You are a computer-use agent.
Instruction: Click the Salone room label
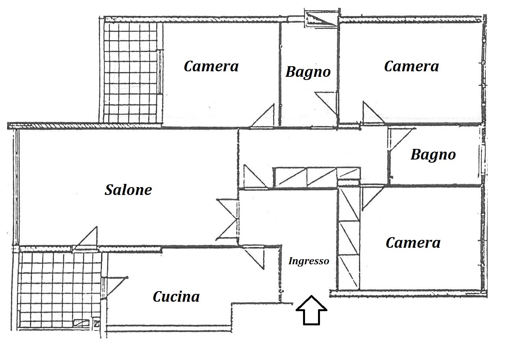[128, 190]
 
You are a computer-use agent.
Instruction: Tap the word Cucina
[176, 297]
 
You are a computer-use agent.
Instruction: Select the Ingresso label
[309, 261]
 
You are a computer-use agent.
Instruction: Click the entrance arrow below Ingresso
[311, 310]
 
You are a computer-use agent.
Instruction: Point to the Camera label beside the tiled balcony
[211, 66]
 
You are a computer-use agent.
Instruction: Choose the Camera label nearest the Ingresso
[413, 243]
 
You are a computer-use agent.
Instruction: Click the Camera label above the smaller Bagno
[411, 66]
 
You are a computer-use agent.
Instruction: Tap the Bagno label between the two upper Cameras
[308, 72]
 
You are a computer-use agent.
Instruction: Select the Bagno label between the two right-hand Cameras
[433, 155]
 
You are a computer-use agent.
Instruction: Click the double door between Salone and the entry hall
[227, 220]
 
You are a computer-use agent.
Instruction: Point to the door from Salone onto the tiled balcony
[86, 239]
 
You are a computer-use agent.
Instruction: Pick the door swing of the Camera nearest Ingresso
[373, 199]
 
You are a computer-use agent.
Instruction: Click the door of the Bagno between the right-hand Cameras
[402, 139]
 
